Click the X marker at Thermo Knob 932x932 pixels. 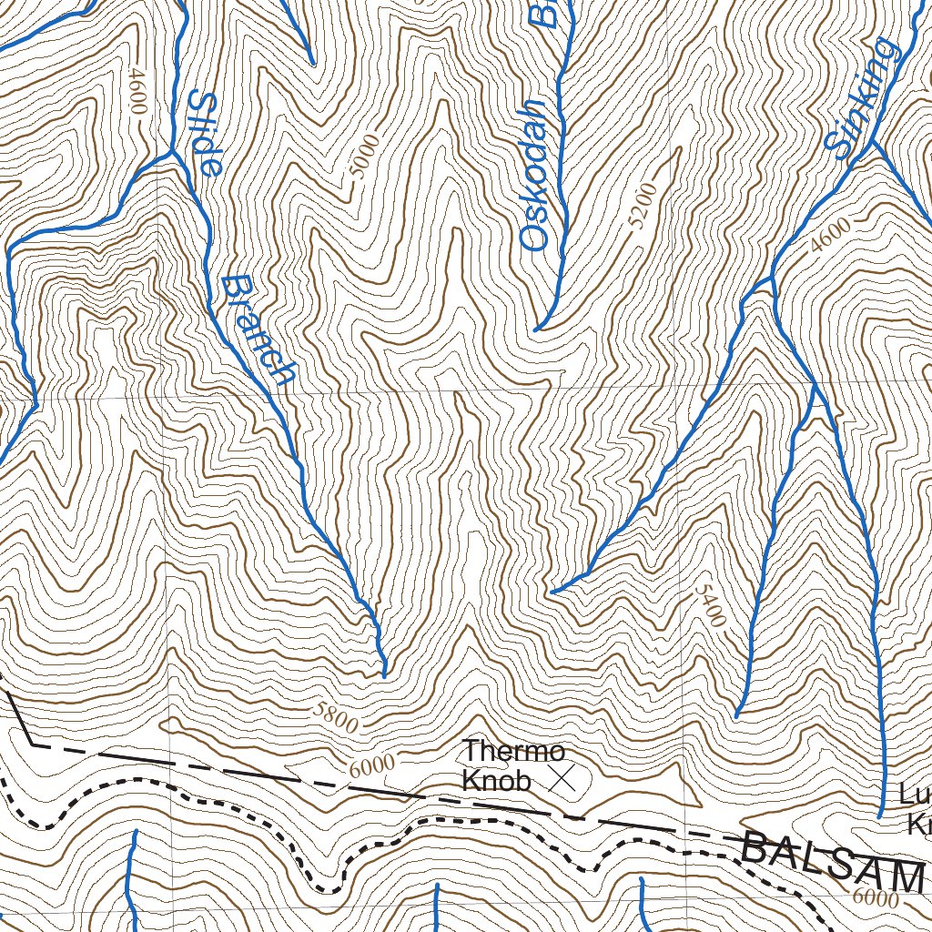564,777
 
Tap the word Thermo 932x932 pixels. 513,752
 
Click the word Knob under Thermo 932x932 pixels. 496,781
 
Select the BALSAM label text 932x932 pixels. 832,861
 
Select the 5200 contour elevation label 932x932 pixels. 641,204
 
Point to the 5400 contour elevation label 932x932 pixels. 710,605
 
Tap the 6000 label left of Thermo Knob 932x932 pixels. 371,765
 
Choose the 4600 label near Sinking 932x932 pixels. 830,234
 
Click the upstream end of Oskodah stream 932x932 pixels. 537,328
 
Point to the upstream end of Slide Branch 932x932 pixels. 384,676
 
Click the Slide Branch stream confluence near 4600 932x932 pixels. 171,153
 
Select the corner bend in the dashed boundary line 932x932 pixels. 34,744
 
